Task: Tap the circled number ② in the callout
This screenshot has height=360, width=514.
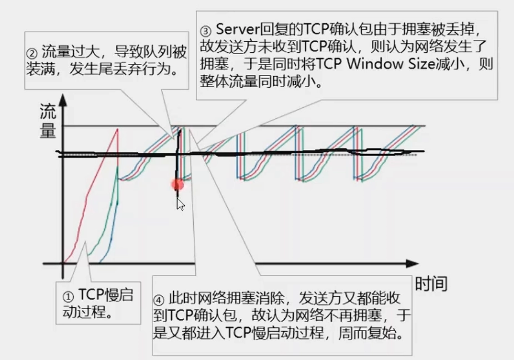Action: [32, 54]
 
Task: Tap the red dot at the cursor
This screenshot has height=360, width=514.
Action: [178, 185]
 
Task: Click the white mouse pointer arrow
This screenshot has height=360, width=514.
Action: [180, 204]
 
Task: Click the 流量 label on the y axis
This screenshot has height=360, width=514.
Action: [48, 122]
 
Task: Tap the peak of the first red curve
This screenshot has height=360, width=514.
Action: [118, 129]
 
